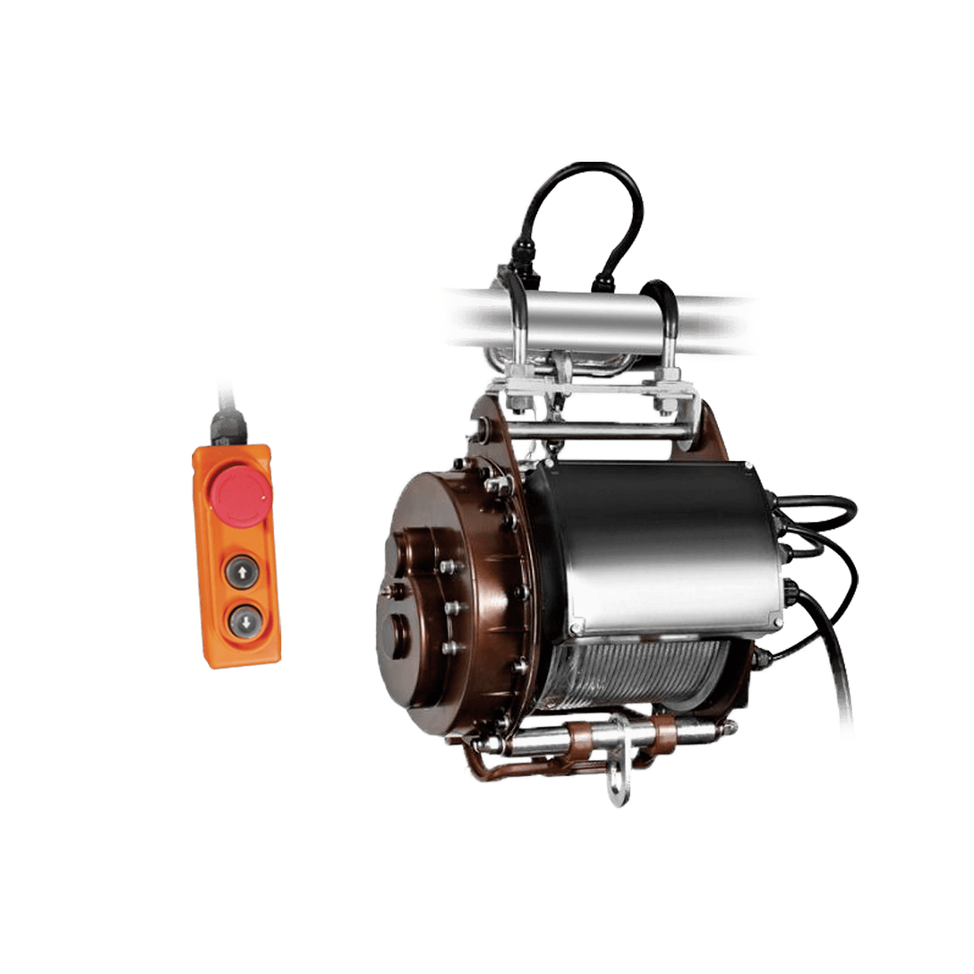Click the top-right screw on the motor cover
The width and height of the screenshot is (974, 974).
(748, 465)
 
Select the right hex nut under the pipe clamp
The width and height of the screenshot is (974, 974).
(661, 407)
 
